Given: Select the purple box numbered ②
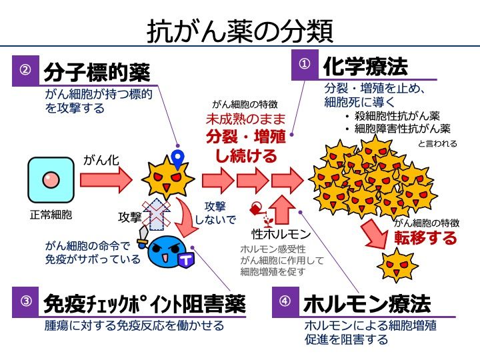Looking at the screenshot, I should coord(25,70).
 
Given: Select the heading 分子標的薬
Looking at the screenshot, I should coord(97,71).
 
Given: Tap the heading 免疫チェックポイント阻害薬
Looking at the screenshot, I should coord(144,303).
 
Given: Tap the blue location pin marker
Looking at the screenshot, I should coord(177,158).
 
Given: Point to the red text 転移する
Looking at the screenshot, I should coord(426,238).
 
